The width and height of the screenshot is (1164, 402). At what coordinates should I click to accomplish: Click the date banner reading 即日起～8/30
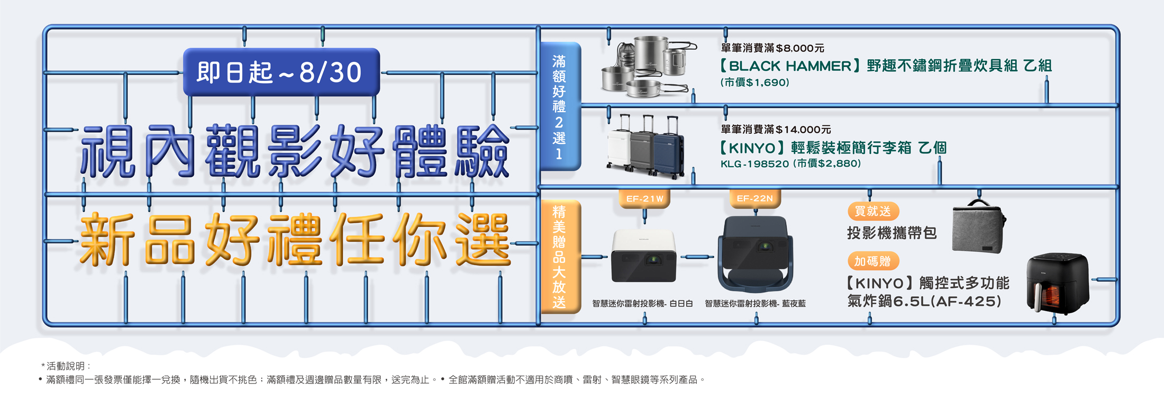(281, 72)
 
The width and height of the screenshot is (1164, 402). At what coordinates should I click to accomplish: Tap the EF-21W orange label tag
(644, 199)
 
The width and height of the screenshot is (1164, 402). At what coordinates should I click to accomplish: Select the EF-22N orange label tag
(755, 198)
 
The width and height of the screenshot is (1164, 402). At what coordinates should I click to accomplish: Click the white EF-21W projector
(644, 256)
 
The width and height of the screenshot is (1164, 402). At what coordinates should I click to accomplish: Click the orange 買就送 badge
(873, 211)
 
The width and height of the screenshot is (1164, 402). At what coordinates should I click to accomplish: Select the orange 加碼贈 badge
(873, 261)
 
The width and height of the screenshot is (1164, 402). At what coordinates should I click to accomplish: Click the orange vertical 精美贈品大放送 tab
(560, 257)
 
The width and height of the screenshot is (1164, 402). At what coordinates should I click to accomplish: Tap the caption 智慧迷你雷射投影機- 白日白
(642, 304)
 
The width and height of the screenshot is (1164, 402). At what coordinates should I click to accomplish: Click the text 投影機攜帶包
(892, 233)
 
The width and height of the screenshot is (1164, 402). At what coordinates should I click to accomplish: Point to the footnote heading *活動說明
(66, 366)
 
